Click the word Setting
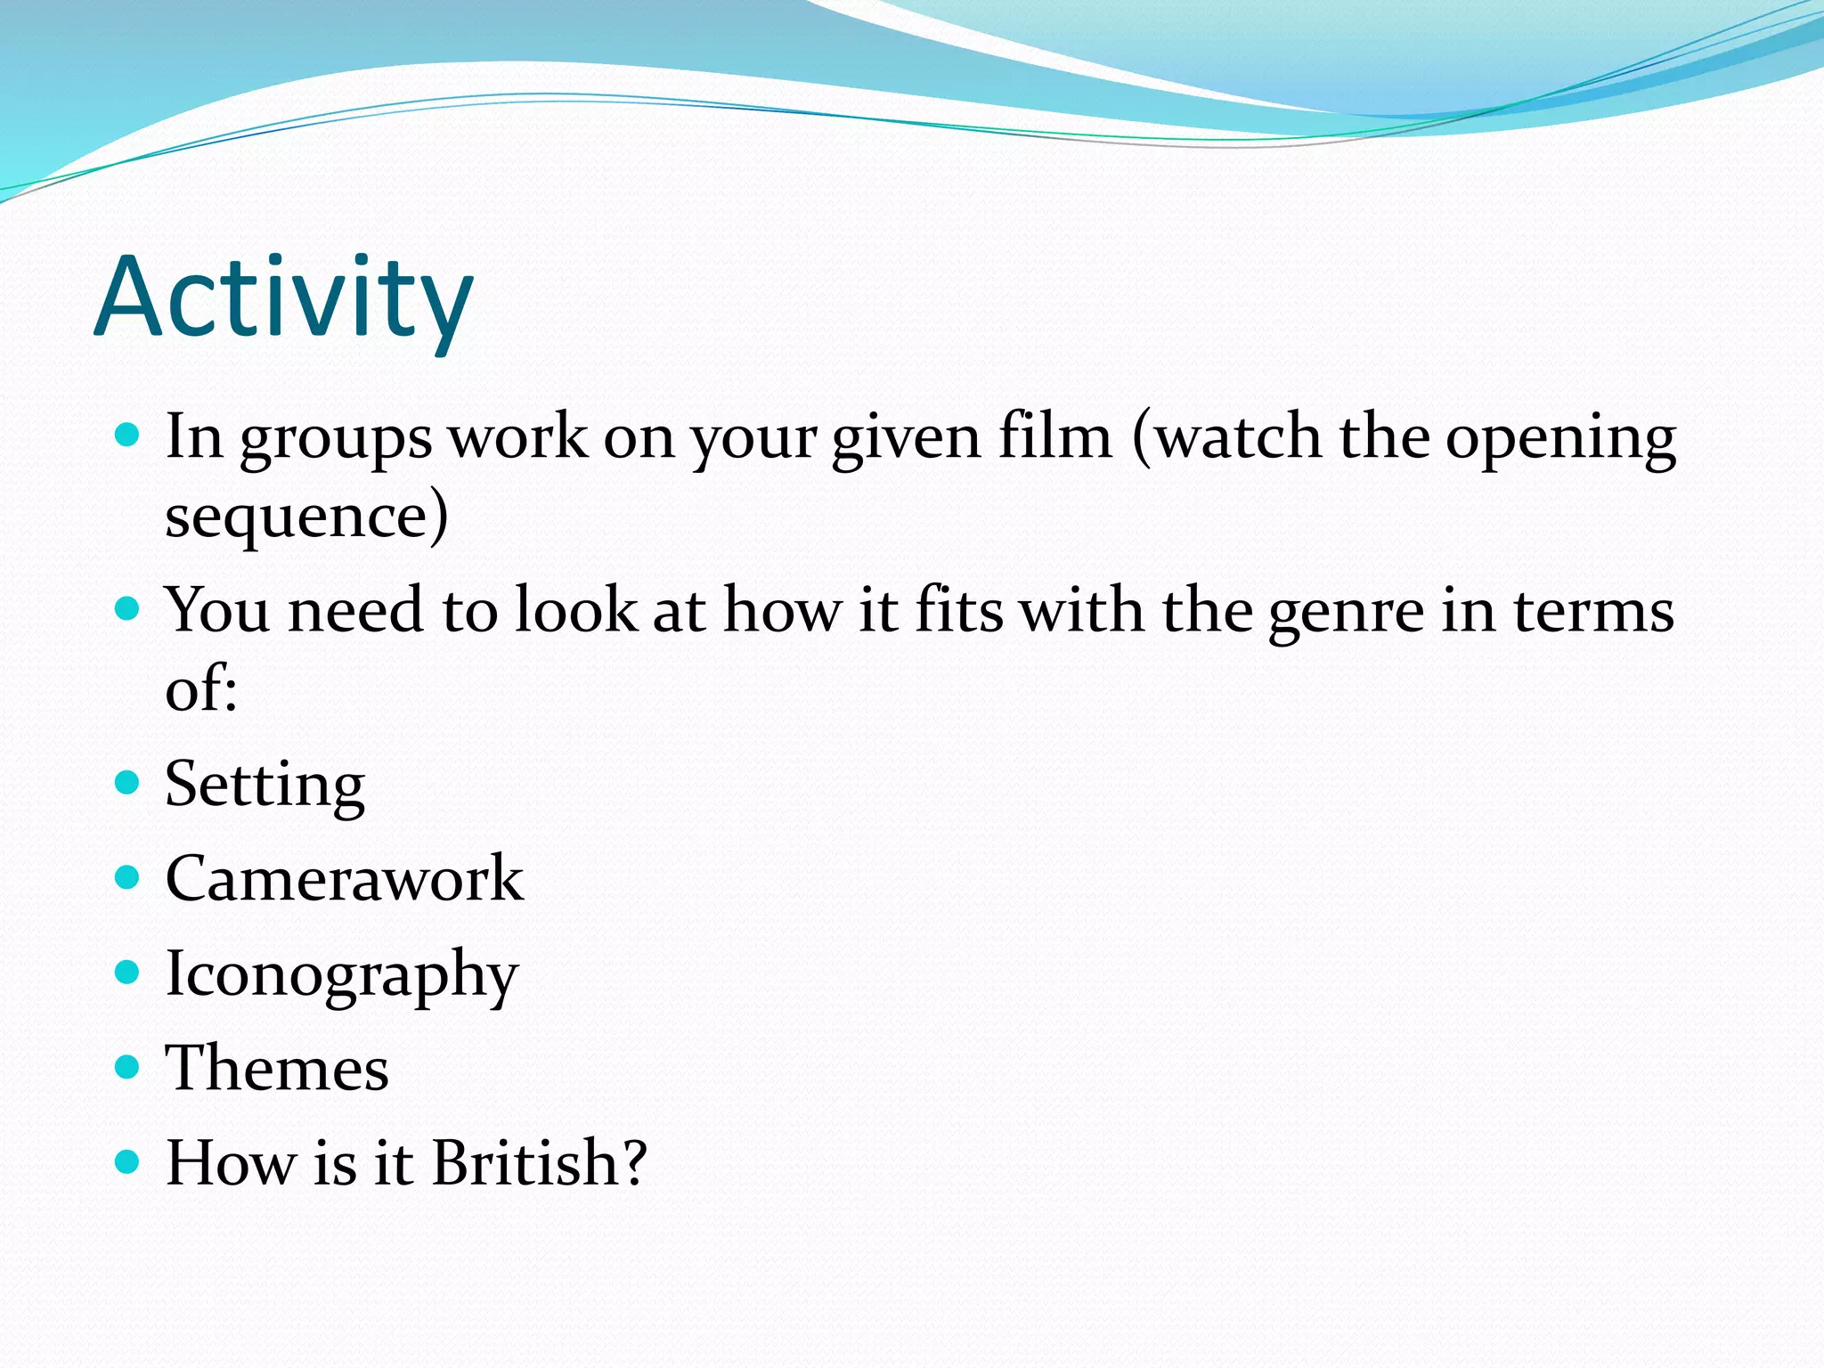(265, 786)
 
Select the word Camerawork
(344, 879)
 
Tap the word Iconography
(341, 974)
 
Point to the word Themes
(277, 1068)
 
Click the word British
(539, 1163)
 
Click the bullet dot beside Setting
(128, 783)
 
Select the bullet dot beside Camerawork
(128, 878)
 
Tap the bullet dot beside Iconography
(128, 973)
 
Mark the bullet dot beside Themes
(128, 1067)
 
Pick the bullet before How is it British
(128, 1162)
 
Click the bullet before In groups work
(128, 436)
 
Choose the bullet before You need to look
(128, 609)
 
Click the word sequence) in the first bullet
(306, 517)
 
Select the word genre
(1346, 613)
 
